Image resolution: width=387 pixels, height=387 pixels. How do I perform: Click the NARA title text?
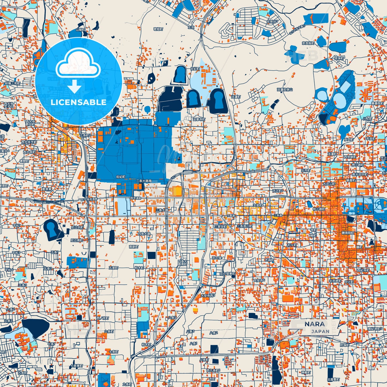[314, 324]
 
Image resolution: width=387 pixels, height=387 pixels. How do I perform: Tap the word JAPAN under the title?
[320, 332]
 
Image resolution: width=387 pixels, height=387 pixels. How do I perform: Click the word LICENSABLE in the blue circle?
[78, 102]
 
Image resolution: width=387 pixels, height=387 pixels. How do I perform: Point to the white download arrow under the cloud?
[75, 87]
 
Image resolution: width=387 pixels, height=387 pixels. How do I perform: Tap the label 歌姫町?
[158, 29]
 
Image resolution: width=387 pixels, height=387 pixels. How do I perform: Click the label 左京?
[191, 27]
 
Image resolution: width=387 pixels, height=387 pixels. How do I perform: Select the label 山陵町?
[80, 30]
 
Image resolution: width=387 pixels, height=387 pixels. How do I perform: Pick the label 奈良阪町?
[308, 43]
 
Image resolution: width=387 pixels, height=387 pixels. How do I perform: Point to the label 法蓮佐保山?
[285, 90]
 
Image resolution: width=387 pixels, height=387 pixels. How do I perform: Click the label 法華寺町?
[199, 119]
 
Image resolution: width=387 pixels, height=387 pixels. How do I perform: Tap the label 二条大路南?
[144, 181]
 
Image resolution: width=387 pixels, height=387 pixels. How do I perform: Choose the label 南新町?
[134, 247]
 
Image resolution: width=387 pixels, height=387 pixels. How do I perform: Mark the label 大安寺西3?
[208, 296]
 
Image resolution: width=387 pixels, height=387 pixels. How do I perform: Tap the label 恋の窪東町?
[227, 274]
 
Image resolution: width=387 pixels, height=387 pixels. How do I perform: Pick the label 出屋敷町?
[333, 380]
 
